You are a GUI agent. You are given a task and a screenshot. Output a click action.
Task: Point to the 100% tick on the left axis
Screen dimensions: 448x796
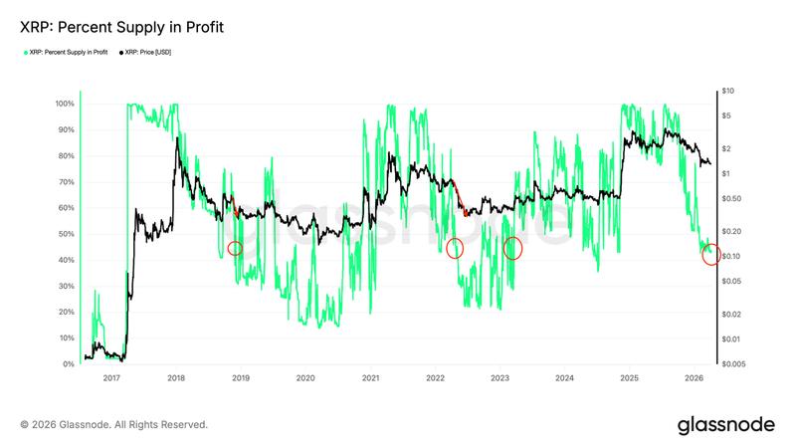click(64, 104)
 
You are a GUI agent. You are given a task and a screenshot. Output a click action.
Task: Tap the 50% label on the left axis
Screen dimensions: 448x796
click(66, 234)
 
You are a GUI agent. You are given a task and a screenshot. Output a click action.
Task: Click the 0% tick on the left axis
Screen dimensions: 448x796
click(68, 364)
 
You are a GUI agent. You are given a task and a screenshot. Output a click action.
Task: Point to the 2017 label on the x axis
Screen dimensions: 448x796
click(111, 378)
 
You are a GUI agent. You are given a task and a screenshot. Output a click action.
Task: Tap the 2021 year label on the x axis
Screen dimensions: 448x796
click(370, 378)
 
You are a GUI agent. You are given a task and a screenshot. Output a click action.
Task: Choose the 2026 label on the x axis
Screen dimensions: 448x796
click(694, 378)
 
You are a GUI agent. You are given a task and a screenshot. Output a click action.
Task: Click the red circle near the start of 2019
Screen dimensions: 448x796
click(235, 248)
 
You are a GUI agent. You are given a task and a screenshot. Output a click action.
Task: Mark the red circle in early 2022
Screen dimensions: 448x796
click(455, 248)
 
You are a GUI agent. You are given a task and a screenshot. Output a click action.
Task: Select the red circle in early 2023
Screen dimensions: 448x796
click(512, 248)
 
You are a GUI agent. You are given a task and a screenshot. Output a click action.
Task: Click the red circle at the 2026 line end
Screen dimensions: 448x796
click(711, 255)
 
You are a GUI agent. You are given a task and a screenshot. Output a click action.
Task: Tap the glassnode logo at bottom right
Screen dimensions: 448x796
click(725, 425)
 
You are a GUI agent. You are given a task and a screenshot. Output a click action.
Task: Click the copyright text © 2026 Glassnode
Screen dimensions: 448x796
click(114, 425)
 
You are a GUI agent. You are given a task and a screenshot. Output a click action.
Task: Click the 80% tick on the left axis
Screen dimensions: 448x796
click(66, 156)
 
